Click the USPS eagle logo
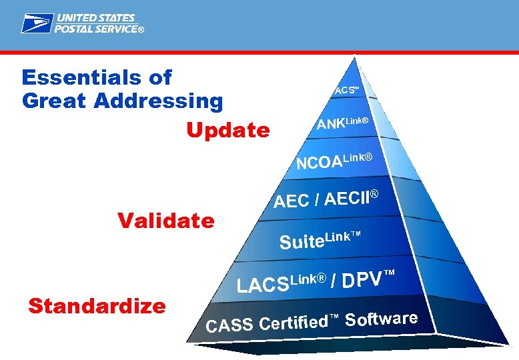pos(37,23)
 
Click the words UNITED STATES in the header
pos(95,18)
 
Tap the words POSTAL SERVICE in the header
pos(96,29)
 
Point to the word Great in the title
pos(55,102)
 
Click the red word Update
pos(228,130)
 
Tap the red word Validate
pos(165,220)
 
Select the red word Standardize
pos(97,306)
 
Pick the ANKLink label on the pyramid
pos(342,123)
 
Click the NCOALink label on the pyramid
pos(334,161)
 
